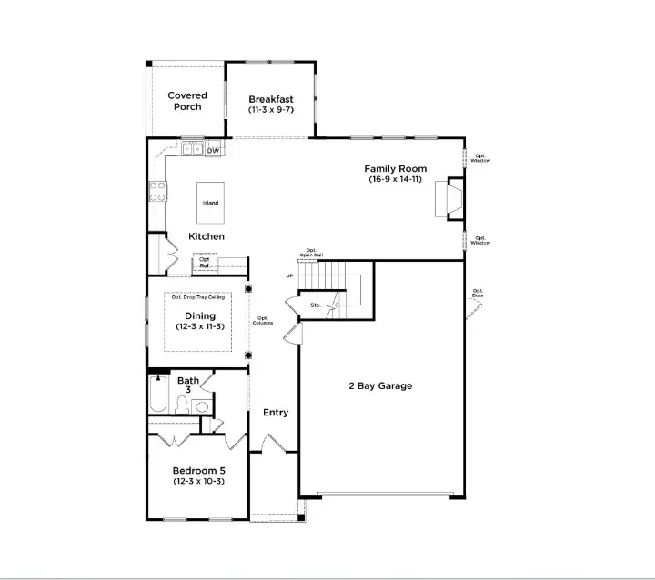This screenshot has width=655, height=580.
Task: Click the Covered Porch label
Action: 186,101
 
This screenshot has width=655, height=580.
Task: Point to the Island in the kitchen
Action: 210,203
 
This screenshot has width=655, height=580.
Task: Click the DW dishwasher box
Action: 213,150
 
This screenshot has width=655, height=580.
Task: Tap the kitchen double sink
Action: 192,149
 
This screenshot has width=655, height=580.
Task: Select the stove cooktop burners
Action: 158,191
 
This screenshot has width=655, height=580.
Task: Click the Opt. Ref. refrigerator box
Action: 205,263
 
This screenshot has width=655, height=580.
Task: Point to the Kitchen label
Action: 207,236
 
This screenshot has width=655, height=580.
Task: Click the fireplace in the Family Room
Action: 449,199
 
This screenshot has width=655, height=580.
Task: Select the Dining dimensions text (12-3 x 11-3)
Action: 199,325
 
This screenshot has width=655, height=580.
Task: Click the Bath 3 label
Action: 188,385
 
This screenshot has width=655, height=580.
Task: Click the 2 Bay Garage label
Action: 379,385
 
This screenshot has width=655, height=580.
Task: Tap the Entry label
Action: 276,413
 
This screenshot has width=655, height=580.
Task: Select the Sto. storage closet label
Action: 315,305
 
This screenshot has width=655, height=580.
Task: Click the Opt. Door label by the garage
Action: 478,295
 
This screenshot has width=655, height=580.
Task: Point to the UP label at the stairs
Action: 290,275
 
